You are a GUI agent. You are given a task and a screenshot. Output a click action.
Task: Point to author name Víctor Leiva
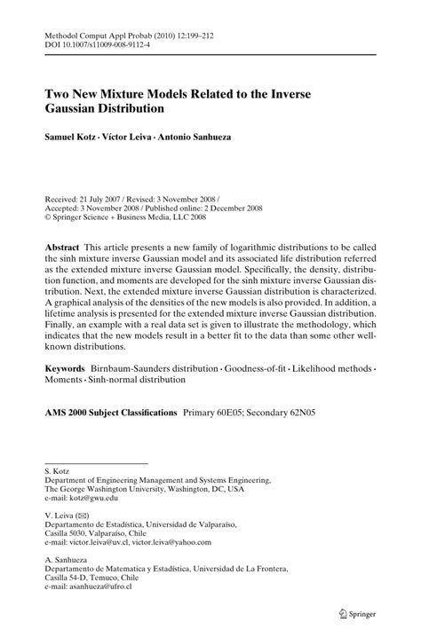(139, 139)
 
